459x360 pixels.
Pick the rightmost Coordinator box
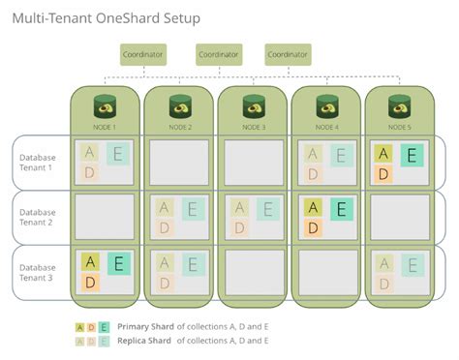287,55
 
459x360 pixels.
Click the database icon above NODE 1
107,104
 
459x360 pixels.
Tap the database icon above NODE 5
400,104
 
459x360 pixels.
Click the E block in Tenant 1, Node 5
411,155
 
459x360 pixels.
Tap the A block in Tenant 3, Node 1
90,262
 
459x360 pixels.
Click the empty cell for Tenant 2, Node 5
400,216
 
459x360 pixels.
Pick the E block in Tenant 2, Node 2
191,209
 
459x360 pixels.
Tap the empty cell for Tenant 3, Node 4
326,271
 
